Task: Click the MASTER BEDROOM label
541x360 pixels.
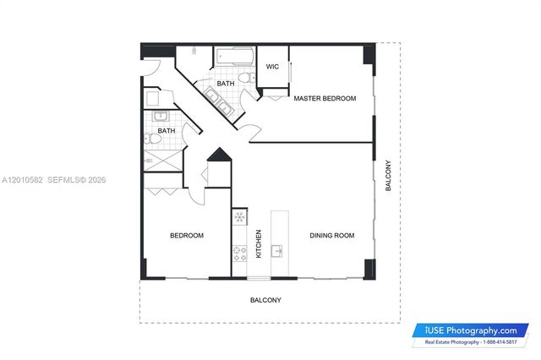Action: coord(325,99)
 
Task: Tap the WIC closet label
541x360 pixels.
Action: coord(272,67)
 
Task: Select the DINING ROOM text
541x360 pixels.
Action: coord(331,236)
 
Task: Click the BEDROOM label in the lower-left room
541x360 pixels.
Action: coord(187,236)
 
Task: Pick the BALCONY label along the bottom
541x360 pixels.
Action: coord(265,301)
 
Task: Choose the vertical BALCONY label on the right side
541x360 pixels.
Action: coord(389,176)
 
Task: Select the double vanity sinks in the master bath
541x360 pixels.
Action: coord(216,100)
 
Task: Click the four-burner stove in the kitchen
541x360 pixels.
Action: coord(239,250)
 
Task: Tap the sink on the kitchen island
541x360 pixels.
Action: coord(278,250)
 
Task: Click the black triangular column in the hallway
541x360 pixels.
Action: coord(218,155)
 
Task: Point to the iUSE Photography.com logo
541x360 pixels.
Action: coord(472,330)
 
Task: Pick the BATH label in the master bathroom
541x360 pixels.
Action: coord(225,84)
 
